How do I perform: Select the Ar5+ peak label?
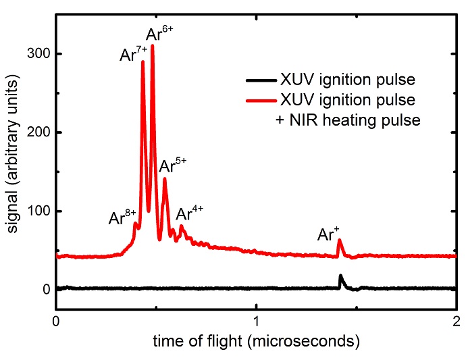tap(172, 165)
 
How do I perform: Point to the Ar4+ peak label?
tap(190, 213)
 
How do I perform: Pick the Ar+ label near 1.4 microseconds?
tap(330, 234)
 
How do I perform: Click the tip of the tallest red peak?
tap(153, 46)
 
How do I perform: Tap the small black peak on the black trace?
tap(340, 276)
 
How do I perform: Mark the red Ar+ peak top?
tap(340, 240)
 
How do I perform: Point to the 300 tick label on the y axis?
tap(35, 53)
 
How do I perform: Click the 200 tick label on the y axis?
tap(35, 132)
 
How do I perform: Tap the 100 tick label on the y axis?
tap(35, 211)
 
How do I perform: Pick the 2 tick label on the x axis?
tap(457, 322)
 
